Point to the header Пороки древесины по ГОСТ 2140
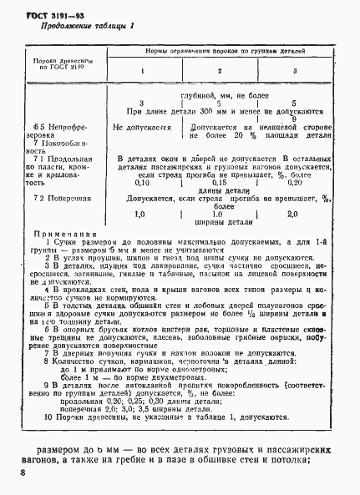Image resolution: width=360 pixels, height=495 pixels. coord(57,65)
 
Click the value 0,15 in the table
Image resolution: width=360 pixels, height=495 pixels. coord(220,183)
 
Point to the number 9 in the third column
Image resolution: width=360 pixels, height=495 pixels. coord(295,118)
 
